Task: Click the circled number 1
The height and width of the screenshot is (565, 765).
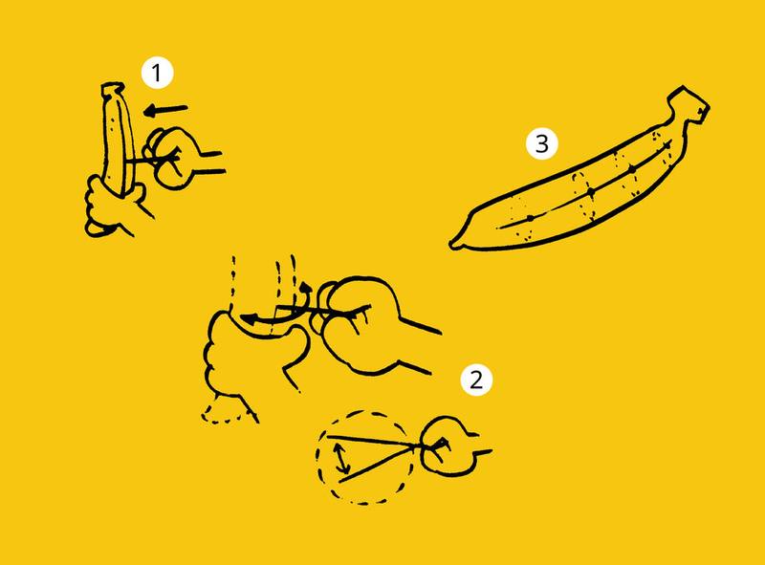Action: [157, 74]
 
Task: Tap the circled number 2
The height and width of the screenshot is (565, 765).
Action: [476, 380]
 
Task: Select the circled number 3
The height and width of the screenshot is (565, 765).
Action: [541, 144]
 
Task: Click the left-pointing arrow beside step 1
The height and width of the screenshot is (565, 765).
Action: [165, 111]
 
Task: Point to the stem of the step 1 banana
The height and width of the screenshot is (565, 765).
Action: [113, 89]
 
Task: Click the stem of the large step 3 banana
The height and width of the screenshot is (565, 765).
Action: [687, 105]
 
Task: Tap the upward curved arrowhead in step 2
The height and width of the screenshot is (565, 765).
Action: [305, 288]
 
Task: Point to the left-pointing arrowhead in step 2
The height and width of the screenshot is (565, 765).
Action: [248, 319]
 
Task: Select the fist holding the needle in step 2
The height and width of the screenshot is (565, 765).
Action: [371, 324]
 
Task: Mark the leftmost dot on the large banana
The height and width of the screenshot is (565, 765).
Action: [531, 218]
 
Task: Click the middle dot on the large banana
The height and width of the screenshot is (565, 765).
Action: [591, 192]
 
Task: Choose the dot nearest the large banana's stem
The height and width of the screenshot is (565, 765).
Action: [633, 169]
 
